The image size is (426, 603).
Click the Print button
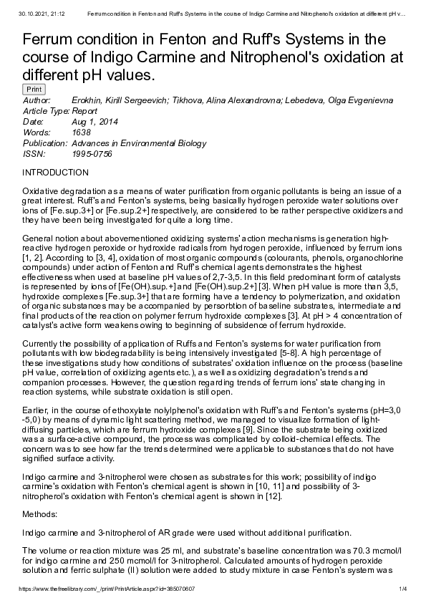[34, 90]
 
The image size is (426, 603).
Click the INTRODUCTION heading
[56, 173]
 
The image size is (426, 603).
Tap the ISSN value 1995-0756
[92, 154]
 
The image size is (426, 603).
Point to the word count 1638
[82, 132]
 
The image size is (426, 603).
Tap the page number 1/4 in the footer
[403, 589]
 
